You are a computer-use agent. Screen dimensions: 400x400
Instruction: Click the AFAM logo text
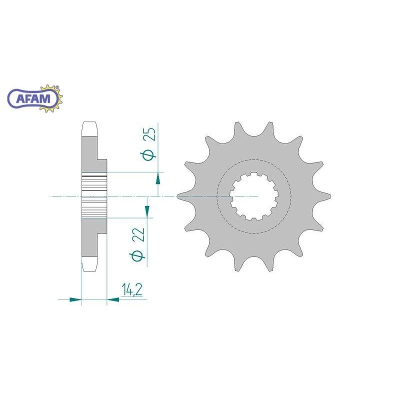(x=33, y=98)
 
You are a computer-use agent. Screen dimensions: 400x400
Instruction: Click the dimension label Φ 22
(x=138, y=243)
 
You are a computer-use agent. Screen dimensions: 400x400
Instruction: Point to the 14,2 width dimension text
(x=132, y=289)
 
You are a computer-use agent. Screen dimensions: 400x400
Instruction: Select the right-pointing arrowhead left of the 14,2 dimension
(x=75, y=299)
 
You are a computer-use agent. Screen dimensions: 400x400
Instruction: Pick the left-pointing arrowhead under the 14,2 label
(x=113, y=299)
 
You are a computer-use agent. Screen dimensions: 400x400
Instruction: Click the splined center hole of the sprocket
(x=253, y=196)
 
